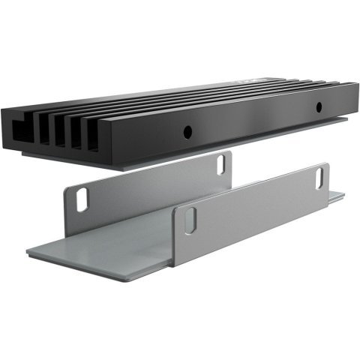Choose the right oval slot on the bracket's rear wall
pyautogui.click(x=222, y=162)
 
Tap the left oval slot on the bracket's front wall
pyautogui.click(x=190, y=218)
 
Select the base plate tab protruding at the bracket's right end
pyautogui.click(x=337, y=196)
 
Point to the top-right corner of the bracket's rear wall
pyautogui.click(x=229, y=152)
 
